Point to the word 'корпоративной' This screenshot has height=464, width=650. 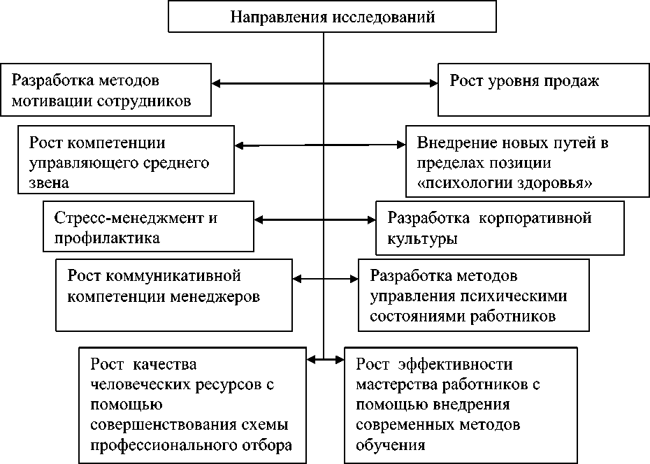pos(535,218)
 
